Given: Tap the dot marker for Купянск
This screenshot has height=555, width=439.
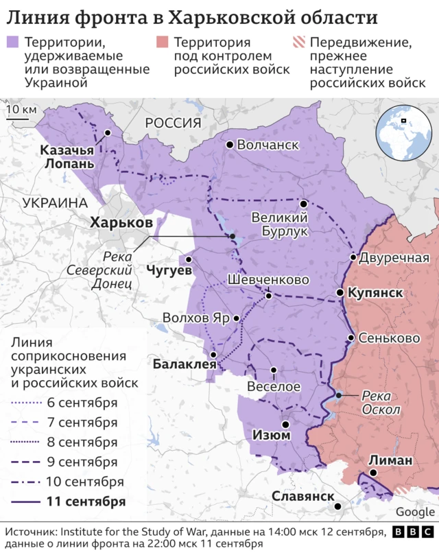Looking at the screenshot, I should click(x=340, y=293).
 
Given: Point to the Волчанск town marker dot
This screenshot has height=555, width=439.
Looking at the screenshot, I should click(x=230, y=145).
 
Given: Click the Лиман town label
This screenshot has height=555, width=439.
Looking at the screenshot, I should click(x=390, y=460).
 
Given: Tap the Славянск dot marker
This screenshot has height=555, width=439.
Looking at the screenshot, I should click(x=338, y=507).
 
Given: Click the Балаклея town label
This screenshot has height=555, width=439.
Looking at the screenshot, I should click(x=185, y=364).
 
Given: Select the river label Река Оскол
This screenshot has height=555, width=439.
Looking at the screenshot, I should click(x=381, y=402).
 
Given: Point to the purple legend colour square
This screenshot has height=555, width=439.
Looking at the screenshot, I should click(x=13, y=43).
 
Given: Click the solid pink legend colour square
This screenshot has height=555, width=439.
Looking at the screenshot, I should click(x=162, y=43).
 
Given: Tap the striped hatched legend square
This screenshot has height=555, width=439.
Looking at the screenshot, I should click(x=298, y=43).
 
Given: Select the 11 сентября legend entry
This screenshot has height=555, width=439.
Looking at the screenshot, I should click(x=86, y=501).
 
